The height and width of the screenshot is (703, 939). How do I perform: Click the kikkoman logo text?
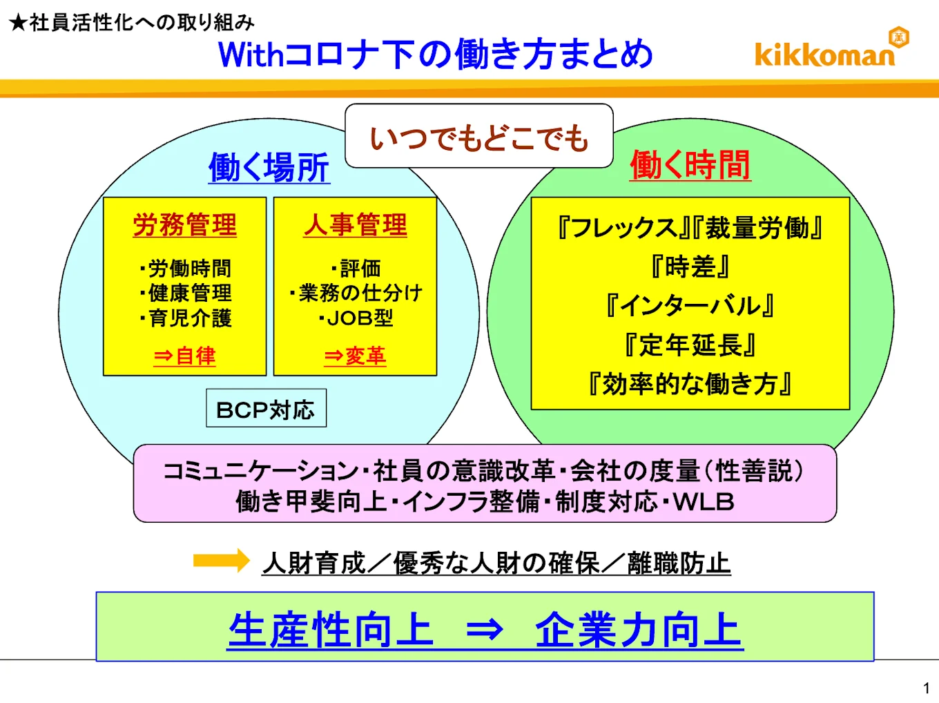[824, 55]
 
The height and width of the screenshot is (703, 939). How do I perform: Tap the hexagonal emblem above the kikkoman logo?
[898, 37]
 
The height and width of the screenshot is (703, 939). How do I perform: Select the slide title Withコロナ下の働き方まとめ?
[435, 55]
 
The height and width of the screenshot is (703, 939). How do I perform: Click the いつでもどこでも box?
[479, 137]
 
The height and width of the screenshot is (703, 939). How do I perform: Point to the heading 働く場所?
[269, 168]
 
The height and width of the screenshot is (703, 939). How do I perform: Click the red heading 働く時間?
[690, 166]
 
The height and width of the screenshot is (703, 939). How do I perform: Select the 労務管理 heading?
[184, 225]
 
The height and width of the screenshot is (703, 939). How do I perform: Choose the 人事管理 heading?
[356, 225]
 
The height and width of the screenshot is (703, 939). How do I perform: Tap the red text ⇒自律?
[184, 356]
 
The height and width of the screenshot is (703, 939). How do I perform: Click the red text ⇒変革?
[355, 356]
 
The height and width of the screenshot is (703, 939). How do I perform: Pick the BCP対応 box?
[266, 409]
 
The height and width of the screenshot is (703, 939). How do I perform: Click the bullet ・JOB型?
[356, 318]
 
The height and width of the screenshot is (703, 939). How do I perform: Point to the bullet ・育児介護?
[186, 318]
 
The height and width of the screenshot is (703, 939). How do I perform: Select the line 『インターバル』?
[690, 305]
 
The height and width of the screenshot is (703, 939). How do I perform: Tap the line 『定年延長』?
[690, 345]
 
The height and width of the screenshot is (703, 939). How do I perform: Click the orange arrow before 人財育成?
[221, 561]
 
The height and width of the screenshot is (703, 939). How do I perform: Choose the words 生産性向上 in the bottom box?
[330, 630]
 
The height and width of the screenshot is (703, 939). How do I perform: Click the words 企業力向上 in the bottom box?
[639, 630]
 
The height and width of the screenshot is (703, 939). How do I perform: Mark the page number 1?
[926, 688]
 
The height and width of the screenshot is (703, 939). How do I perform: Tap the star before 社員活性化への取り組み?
[19, 23]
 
